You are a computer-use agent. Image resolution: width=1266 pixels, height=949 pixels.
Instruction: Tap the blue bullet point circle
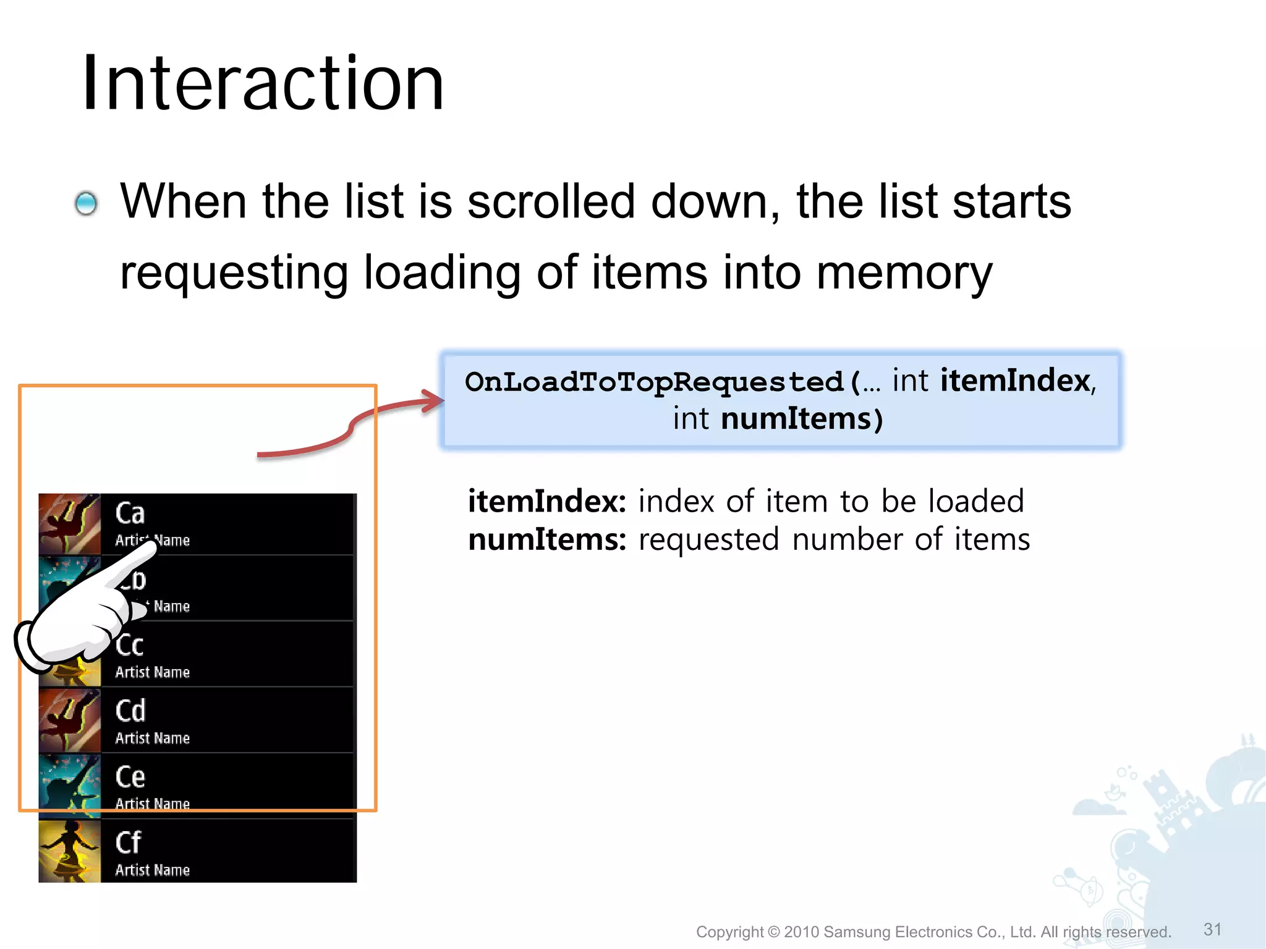86,203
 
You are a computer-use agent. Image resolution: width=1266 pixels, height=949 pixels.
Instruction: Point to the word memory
904,272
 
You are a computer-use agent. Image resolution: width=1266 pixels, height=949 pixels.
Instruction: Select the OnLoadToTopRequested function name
654,382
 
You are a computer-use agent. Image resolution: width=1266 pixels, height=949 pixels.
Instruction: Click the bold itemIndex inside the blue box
1015,381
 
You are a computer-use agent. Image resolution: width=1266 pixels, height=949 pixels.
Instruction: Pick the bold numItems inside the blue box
796,419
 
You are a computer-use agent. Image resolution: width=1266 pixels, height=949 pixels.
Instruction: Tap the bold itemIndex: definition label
547,501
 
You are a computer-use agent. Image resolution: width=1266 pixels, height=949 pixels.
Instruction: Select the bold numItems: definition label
547,539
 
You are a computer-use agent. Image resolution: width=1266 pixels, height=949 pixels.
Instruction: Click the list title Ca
130,513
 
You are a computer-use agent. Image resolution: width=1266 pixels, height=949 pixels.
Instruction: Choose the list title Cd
130,711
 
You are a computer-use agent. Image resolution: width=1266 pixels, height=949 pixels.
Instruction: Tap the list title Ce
130,777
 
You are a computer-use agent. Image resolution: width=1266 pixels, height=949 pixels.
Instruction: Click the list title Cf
129,843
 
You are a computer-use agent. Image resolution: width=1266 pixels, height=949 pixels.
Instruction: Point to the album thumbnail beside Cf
69,851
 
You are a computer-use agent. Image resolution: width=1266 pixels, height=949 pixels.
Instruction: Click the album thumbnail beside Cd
69,720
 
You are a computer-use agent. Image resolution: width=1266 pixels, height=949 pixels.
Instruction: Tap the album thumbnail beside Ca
69,524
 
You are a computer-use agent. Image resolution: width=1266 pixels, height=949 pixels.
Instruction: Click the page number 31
1212,929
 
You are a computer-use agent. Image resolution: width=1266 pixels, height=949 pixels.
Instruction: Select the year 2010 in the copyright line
801,932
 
